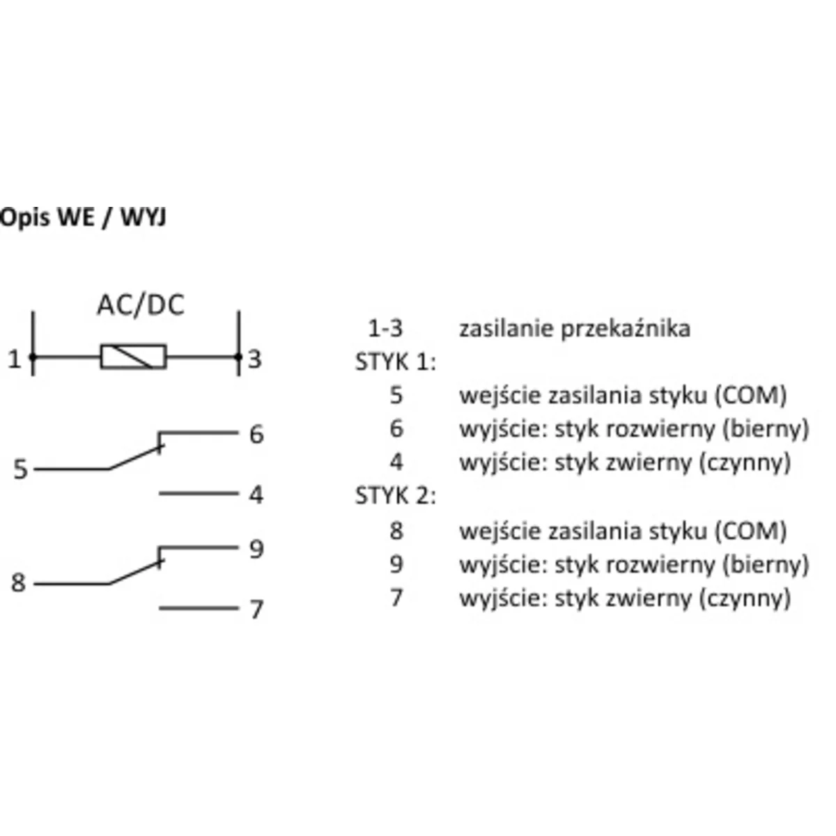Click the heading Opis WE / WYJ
point(83,217)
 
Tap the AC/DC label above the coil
point(140,305)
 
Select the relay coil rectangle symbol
point(133,357)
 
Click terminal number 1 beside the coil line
point(14,359)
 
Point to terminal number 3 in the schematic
point(255,359)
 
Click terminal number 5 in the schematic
point(20,470)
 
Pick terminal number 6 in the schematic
point(256,435)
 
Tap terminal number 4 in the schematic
point(256,495)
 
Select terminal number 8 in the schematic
point(19,582)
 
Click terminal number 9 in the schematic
point(256,549)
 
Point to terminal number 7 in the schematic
point(256,610)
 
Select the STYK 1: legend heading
point(395,362)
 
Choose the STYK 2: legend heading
point(395,496)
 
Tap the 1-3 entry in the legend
point(385,328)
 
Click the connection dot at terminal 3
point(238,358)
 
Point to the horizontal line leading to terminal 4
point(199,493)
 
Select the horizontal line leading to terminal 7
point(199,608)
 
